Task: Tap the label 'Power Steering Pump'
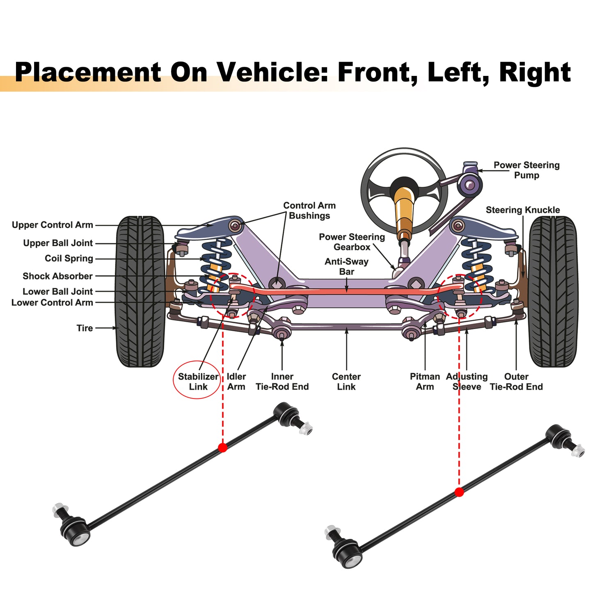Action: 526,170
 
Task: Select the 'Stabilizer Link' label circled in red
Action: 198,381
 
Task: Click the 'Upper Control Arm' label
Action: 52,225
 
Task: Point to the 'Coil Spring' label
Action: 69,258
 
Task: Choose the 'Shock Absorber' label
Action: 57,276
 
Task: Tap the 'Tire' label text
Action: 85,328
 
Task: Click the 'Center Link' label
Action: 346,381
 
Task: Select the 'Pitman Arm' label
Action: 425,381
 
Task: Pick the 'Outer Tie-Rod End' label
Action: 516,381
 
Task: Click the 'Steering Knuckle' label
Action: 522,210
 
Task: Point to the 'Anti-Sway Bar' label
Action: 346,266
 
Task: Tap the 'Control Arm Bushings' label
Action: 309,211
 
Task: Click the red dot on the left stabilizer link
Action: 222,447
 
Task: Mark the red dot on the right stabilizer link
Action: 459,492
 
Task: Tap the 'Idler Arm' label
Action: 236,381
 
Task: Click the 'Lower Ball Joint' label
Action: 57,291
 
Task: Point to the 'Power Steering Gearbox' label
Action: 352,242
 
